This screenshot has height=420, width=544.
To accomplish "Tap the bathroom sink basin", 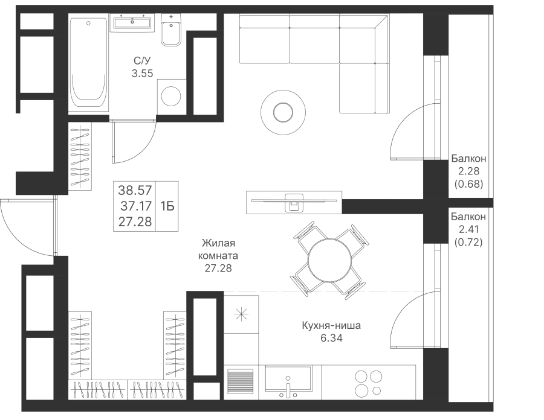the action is [132, 24].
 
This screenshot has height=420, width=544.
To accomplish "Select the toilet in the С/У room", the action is [171, 30].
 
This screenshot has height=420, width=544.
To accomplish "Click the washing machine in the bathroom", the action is [172, 97].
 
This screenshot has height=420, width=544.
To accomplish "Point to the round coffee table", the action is [283, 112].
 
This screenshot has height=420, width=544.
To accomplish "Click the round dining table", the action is [329, 259].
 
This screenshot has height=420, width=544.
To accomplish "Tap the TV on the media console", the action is [294, 201].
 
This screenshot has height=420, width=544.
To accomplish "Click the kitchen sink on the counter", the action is [288, 380].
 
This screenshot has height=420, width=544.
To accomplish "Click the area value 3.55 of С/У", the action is [142, 74].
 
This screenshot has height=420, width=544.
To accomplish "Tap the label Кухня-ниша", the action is [331, 325].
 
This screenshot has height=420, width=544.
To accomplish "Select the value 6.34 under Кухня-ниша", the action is [331, 338].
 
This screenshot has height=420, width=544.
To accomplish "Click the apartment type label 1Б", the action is [167, 206].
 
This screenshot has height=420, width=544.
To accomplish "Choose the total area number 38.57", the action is [135, 190].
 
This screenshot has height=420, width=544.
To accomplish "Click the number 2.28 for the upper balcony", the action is [468, 171].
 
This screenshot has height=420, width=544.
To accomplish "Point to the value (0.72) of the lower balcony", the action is [468, 242].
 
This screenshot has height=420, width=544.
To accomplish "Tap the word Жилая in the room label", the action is [219, 243].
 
